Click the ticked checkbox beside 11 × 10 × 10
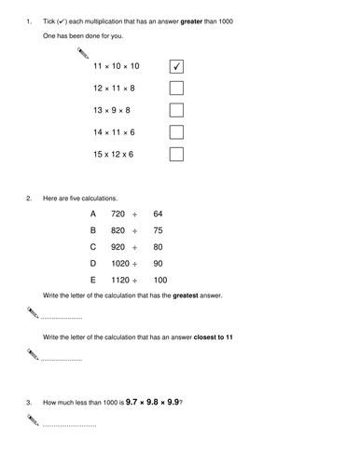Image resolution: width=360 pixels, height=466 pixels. pyautogui.click(x=176, y=67)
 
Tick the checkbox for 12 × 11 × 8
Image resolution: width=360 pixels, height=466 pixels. pyautogui.click(x=176, y=89)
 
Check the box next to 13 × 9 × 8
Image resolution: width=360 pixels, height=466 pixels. pyautogui.click(x=176, y=110)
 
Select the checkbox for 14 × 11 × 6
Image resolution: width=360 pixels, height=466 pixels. pyautogui.click(x=176, y=131)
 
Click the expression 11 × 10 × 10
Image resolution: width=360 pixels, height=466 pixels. pyautogui.click(x=116, y=67)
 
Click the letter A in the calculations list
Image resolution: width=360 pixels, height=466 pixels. pyautogui.click(x=92, y=213)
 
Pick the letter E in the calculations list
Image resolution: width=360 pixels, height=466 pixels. pyautogui.click(x=92, y=280)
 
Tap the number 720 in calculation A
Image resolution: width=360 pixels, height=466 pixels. pyautogui.click(x=118, y=213)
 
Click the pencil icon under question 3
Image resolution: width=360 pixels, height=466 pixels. pyautogui.click(x=35, y=421)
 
